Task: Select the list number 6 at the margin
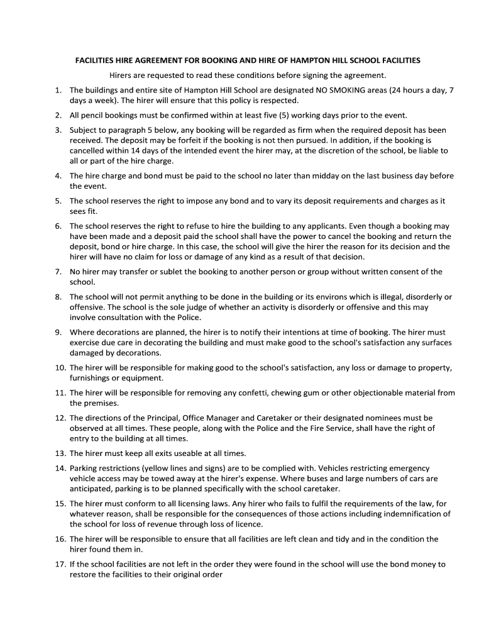[x=58, y=226]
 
